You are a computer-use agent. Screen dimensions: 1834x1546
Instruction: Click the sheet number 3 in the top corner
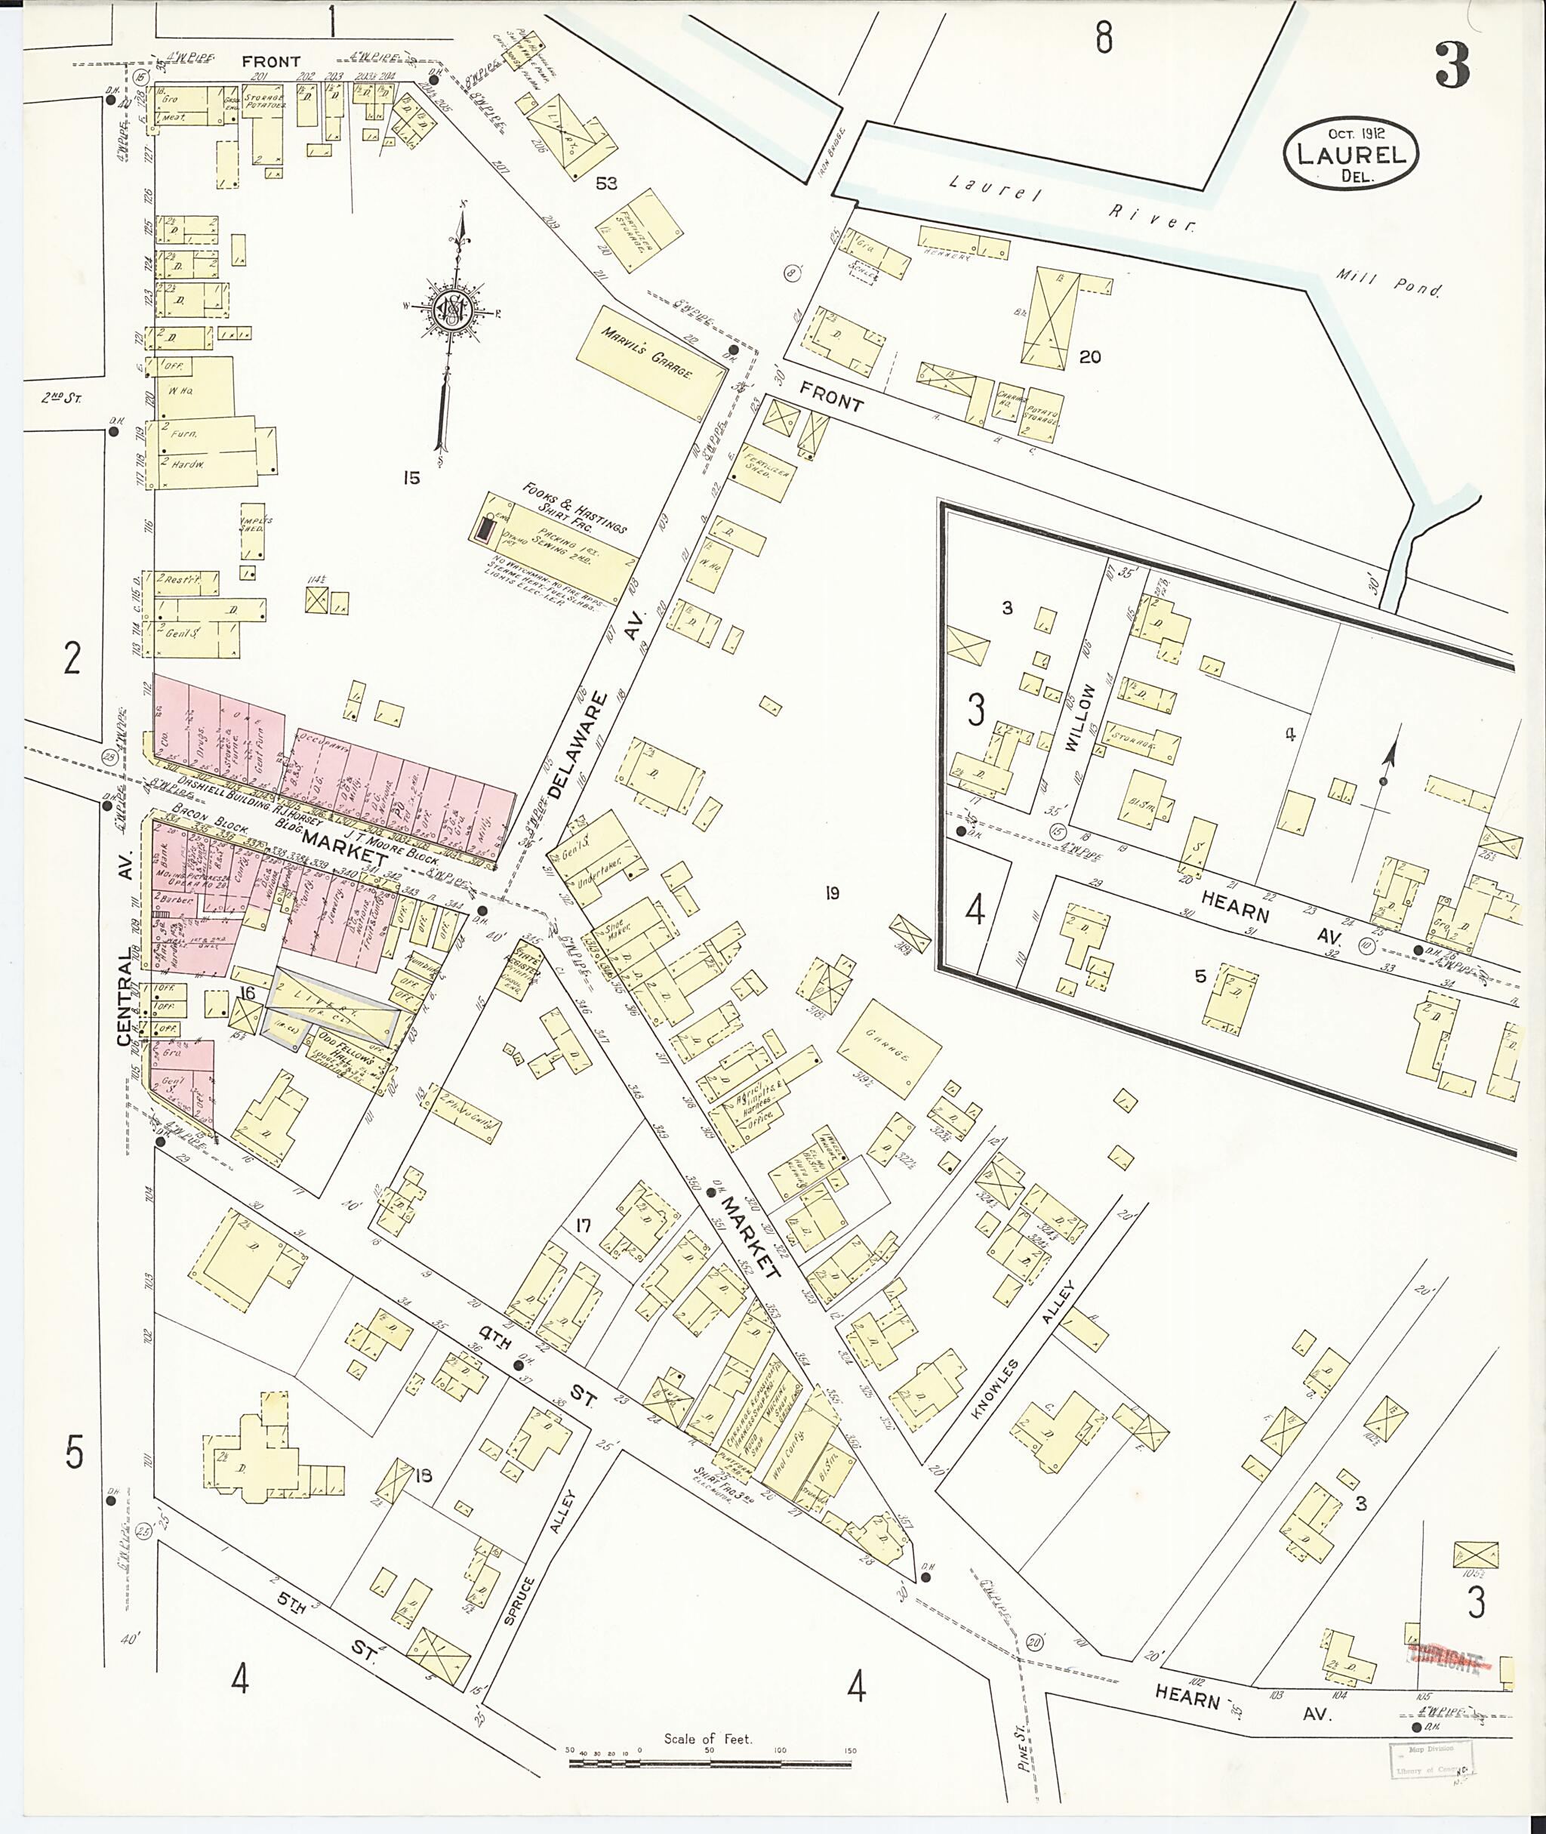[1452, 66]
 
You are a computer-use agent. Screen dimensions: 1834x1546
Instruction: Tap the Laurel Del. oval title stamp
[1350, 154]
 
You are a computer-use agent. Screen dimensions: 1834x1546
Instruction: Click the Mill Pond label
[1388, 283]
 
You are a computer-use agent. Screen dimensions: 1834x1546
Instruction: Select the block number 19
[832, 892]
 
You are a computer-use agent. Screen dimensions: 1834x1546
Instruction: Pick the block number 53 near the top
[605, 183]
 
